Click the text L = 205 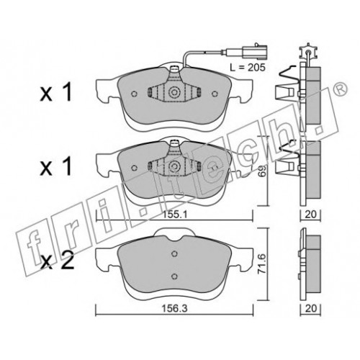(x=248, y=68)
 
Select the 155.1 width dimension (x=175, y=215)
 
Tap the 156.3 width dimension (x=174, y=308)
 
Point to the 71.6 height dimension (x=262, y=264)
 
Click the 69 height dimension (x=262, y=171)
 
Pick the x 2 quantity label (x=57, y=262)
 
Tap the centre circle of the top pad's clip (x=174, y=93)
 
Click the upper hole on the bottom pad (x=175, y=253)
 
